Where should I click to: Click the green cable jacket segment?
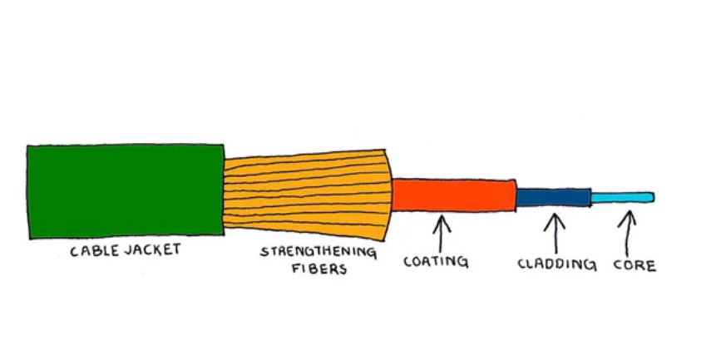125,190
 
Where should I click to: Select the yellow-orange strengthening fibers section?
308,192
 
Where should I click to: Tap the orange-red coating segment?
453,195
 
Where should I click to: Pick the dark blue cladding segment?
554,197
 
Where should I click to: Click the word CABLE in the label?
95,249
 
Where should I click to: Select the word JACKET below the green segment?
154,249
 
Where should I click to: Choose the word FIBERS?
318,269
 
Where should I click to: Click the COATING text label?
436,262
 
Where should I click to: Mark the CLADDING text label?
556,265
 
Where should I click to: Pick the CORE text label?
634,266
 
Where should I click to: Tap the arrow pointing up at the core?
628,232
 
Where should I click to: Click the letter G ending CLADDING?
591,266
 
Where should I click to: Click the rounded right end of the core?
651,197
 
